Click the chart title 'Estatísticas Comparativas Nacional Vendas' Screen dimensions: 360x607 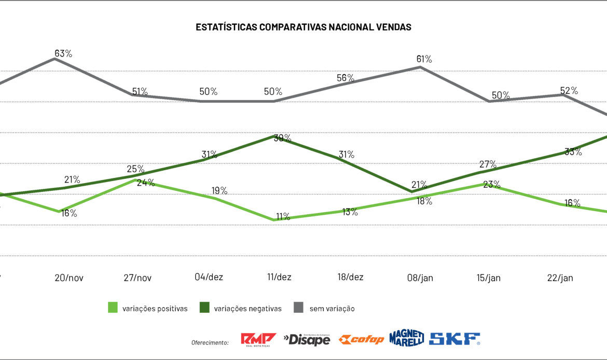pyautogui.click(x=303, y=27)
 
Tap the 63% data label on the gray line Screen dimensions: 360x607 pyautogui.click(x=63, y=53)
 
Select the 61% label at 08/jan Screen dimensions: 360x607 pyautogui.click(x=424, y=59)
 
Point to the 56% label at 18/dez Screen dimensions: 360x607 pyautogui.click(x=346, y=78)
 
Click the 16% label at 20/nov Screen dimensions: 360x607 pyautogui.click(x=69, y=213)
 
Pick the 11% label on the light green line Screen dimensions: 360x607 pyautogui.click(x=283, y=217)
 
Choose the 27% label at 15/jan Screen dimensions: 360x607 pyautogui.click(x=488, y=164)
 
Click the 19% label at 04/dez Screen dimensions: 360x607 pyautogui.click(x=219, y=190)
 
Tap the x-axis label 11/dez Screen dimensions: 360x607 pyautogui.click(x=279, y=278)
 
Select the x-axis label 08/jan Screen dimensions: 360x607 pyautogui.click(x=420, y=278)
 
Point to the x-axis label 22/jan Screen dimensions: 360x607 pyautogui.click(x=560, y=278)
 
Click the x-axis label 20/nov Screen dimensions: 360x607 pyautogui.click(x=69, y=278)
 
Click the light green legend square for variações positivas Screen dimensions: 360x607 pyautogui.click(x=113, y=308)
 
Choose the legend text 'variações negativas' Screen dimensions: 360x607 pyautogui.click(x=247, y=309)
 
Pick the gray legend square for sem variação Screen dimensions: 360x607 pyautogui.click(x=298, y=308)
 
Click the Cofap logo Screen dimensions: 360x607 pyautogui.click(x=361, y=340)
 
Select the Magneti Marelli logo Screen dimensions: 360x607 pyautogui.click(x=407, y=338)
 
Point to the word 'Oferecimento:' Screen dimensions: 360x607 pyautogui.click(x=210, y=343)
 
